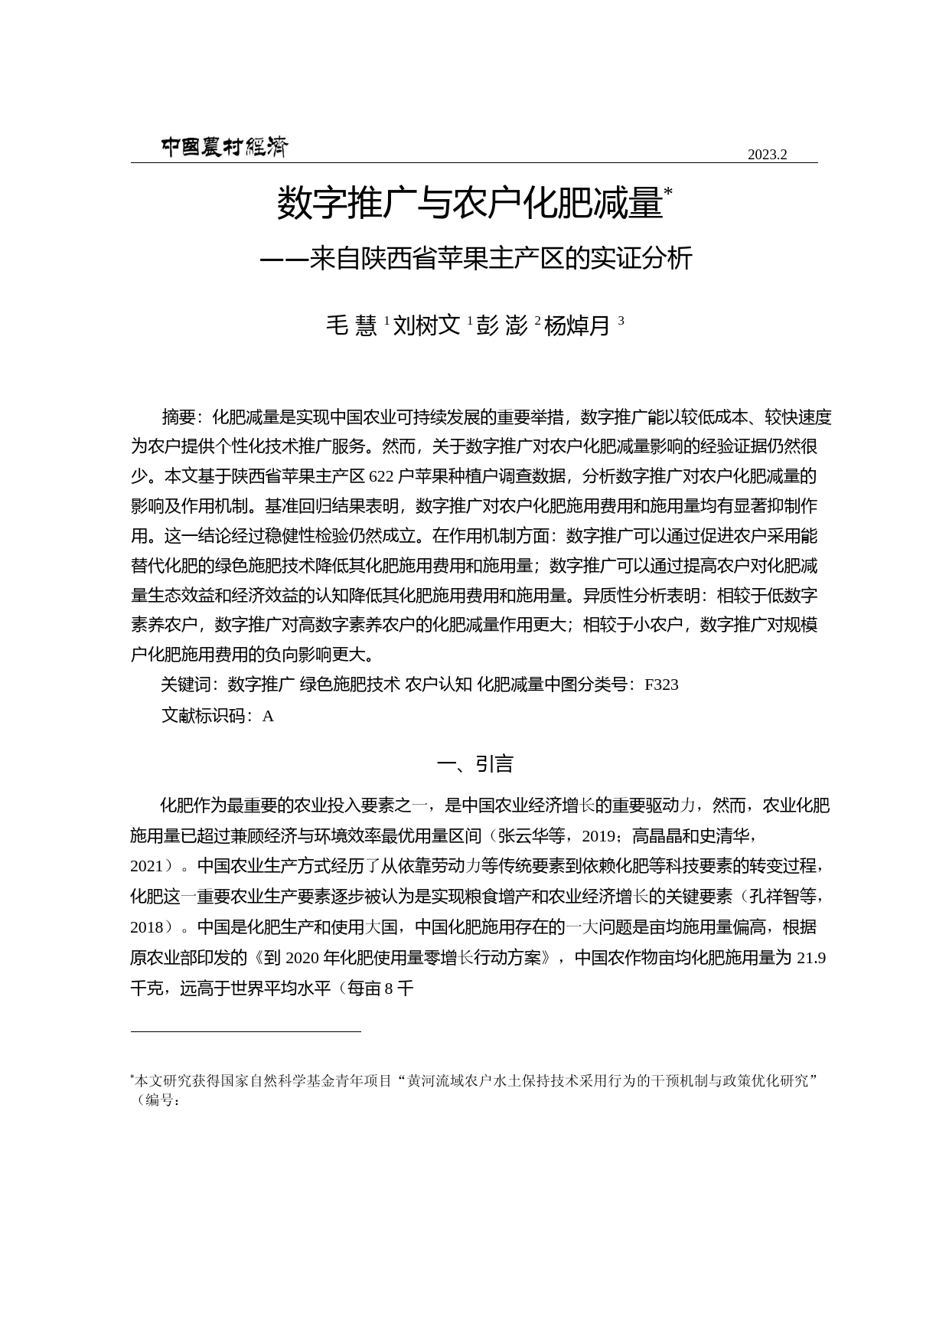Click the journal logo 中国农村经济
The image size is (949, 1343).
click(x=224, y=146)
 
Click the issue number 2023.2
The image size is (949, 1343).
click(x=767, y=155)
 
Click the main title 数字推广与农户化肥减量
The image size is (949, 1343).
click(x=468, y=204)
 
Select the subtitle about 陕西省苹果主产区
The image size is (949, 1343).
click(x=476, y=259)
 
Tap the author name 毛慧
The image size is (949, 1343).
click(x=351, y=326)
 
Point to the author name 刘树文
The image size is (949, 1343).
click(x=426, y=326)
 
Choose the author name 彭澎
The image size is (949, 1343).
click(x=502, y=326)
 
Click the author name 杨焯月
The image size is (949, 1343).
click(x=577, y=326)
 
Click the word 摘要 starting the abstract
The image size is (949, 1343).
click(x=178, y=417)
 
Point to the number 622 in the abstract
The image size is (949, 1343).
click(x=380, y=476)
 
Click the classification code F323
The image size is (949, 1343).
click(x=661, y=685)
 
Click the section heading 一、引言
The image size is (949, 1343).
click(x=475, y=764)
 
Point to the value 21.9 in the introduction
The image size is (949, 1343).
click(x=811, y=958)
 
